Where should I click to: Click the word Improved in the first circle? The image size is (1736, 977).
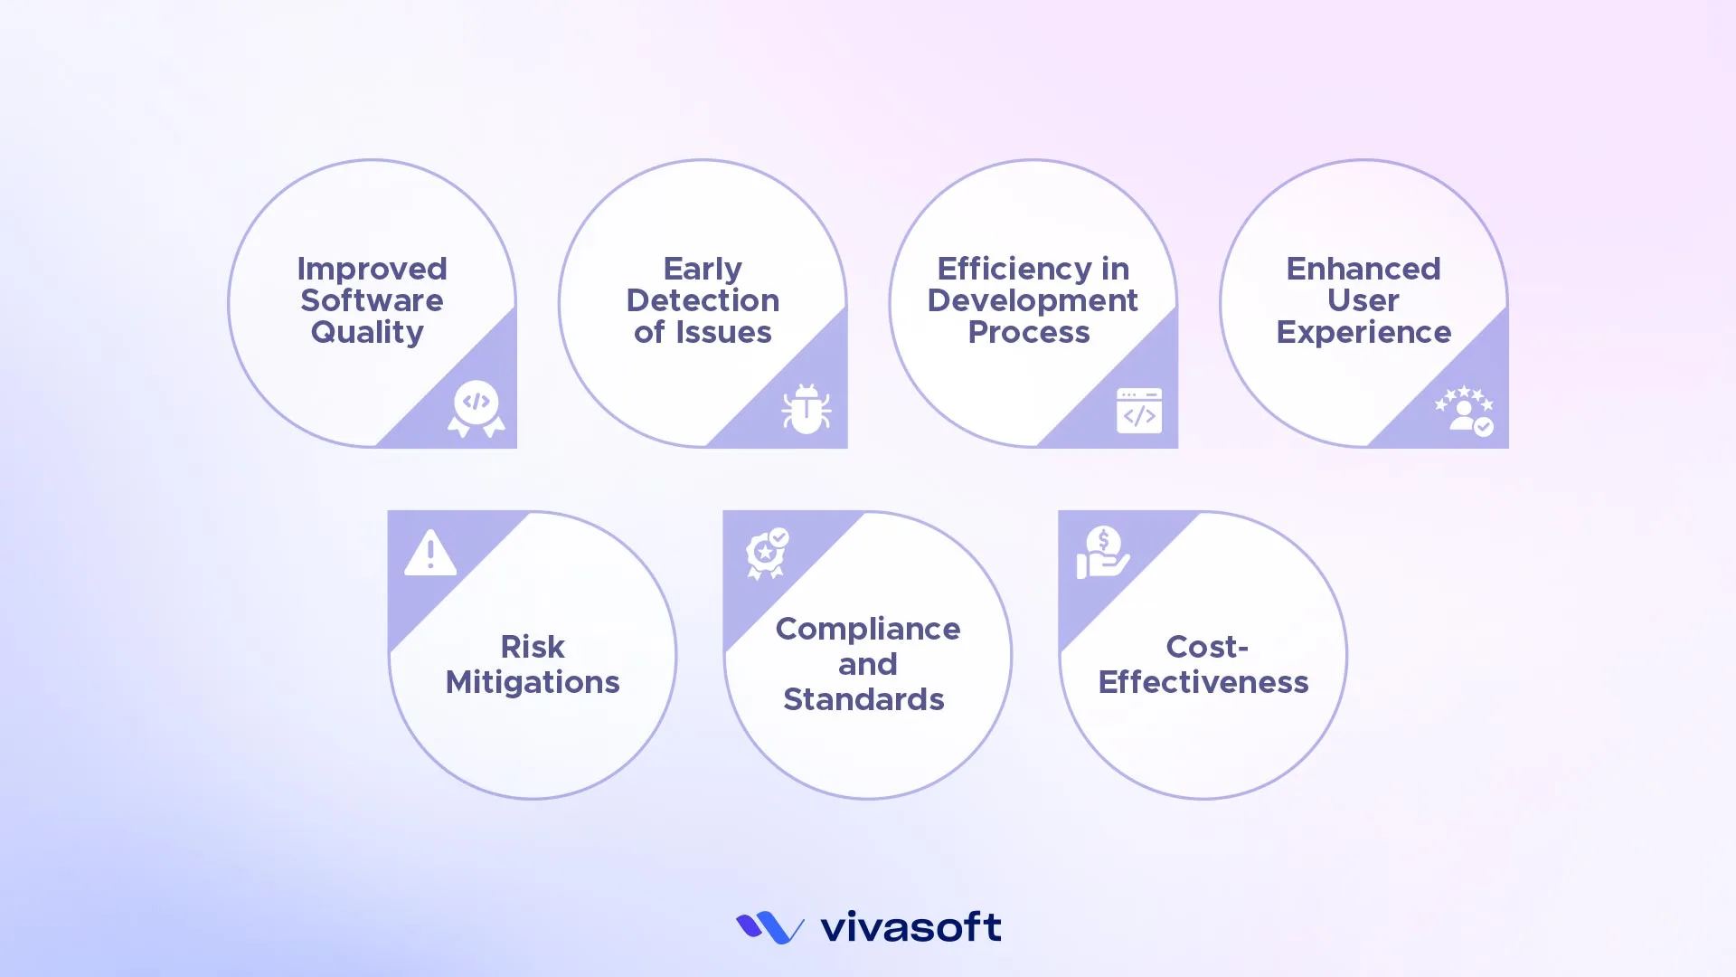point(372,269)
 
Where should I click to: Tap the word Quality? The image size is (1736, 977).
point(367,332)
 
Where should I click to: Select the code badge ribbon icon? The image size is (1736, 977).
point(476,409)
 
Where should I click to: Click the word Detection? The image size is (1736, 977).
point(703,300)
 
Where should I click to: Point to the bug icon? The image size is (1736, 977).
point(807,409)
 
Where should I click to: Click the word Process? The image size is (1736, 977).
point(1029,332)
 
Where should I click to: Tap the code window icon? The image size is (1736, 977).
point(1139,411)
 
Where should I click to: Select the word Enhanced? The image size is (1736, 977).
point(1363,269)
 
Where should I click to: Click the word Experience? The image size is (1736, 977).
point(1363,332)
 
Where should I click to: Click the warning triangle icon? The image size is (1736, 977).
point(430,553)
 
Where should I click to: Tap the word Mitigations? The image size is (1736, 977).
point(533,682)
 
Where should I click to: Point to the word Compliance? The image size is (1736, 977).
point(868,629)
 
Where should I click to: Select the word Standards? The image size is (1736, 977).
point(863,699)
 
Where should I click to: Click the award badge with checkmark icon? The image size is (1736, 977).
point(767,553)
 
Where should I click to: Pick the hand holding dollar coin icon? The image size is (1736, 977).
point(1102,553)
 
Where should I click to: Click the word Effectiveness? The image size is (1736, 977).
point(1203,682)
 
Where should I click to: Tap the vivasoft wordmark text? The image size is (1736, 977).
point(910,927)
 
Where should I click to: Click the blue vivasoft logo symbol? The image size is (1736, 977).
point(769,927)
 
